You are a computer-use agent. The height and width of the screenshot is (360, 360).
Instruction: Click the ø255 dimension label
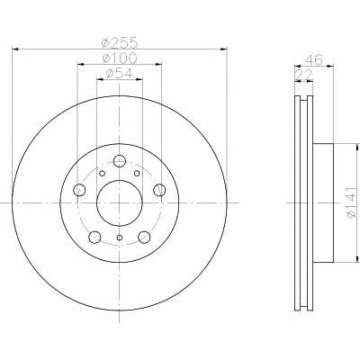pos(120,43)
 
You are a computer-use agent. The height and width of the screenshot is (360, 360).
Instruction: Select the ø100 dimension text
pos(120,58)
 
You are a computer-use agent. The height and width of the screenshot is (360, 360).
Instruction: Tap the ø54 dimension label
pos(120,73)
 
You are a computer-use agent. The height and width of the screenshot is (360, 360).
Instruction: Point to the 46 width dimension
pos(314,59)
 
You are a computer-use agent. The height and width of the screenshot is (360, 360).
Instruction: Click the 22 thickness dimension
pos(304,75)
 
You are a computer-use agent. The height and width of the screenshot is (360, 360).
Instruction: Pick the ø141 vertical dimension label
pos(352,202)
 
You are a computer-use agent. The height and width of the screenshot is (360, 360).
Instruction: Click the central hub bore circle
pos(120,203)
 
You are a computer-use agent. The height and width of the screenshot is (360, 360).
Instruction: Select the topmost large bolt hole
pos(120,161)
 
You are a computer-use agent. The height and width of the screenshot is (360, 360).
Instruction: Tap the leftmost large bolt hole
pos(79,190)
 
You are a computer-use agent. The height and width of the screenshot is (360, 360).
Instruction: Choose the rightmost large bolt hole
pos(159,190)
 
